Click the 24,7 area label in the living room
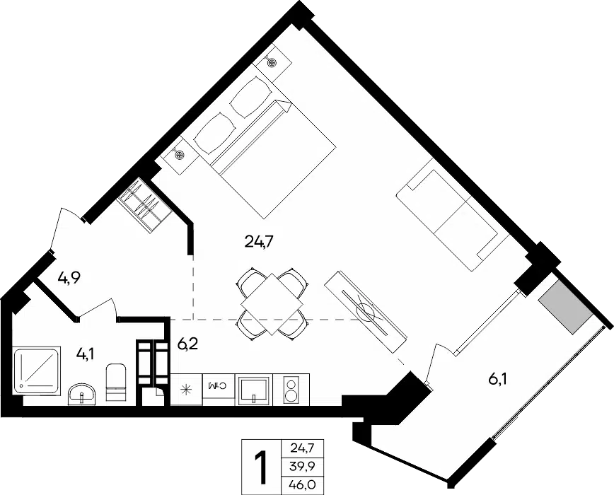tap(258, 243)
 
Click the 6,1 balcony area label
tap(498, 379)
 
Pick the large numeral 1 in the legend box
tap(260, 467)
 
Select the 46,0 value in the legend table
tap(303, 484)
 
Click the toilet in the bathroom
tap(116, 383)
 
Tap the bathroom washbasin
tap(82, 394)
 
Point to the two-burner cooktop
tap(291, 390)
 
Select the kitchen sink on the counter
tap(254, 390)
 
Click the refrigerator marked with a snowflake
tap(187, 390)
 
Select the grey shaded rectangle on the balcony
tap(565, 306)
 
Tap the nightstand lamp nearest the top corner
tap(272, 62)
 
